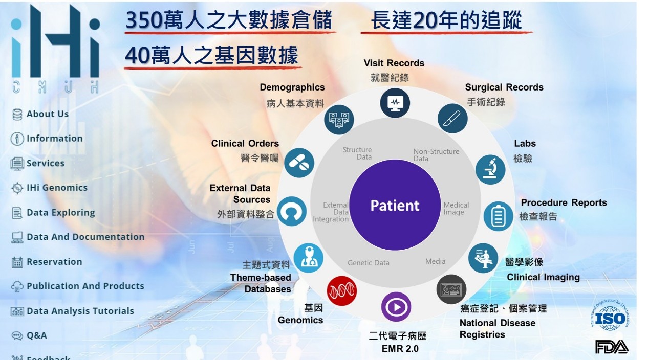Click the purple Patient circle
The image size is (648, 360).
tap(395, 205)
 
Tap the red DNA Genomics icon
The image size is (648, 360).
tap(341, 290)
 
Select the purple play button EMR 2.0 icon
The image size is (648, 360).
tap(396, 307)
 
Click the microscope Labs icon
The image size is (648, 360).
tap(490, 170)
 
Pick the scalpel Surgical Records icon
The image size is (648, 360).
tap(452, 119)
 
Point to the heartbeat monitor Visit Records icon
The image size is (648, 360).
tap(395, 103)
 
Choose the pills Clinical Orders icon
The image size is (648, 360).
tap(299, 163)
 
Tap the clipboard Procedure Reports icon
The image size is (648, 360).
tap(498, 216)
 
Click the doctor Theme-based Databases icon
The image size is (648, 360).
tap(308, 258)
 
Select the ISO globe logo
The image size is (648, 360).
tap(610, 316)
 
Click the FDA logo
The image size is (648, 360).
tap(611, 347)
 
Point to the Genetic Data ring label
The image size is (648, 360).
tap(368, 263)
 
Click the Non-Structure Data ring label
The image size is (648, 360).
tap(436, 155)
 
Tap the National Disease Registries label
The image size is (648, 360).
tap(498, 328)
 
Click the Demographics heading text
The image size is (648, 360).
tap(292, 87)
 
